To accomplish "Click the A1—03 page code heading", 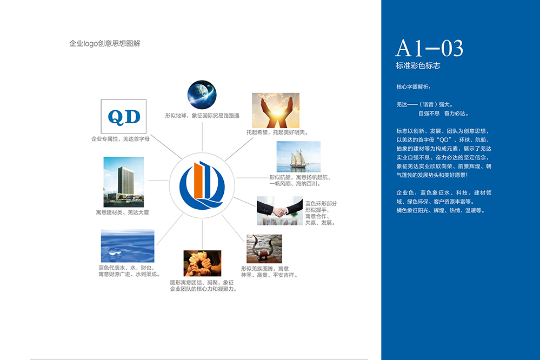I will click(429, 49).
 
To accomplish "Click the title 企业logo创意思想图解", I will click(105, 44).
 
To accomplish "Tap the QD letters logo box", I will click(124, 115).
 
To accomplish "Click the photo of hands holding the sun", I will click(276, 110).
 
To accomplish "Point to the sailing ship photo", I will click(298, 157).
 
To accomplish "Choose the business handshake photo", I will click(279, 211).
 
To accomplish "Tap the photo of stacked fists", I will click(202, 263).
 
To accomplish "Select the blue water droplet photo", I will click(127, 246).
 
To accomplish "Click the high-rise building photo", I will click(123, 182).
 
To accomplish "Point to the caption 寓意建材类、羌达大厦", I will click(122, 212).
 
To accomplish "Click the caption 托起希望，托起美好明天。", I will click(277, 132).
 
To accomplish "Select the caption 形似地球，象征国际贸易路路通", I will click(202, 116).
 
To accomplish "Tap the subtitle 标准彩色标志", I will click(418, 66).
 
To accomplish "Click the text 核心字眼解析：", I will click(414, 86).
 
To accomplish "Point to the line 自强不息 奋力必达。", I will click(443, 114).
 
